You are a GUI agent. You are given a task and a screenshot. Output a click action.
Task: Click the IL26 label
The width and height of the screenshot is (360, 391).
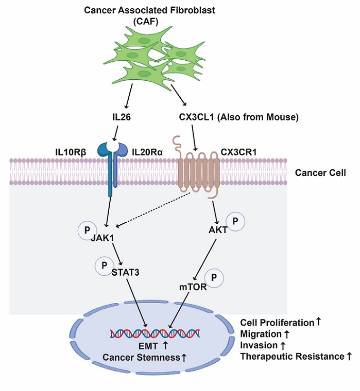pyautogui.click(x=122, y=117)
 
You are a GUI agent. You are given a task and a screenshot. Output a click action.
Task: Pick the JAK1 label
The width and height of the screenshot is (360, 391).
pyautogui.click(x=103, y=238)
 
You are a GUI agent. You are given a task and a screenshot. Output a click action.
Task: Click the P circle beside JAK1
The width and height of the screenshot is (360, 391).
pyautogui.click(x=85, y=229)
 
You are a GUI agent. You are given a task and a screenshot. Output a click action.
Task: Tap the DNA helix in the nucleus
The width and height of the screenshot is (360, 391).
pyautogui.click(x=155, y=334)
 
